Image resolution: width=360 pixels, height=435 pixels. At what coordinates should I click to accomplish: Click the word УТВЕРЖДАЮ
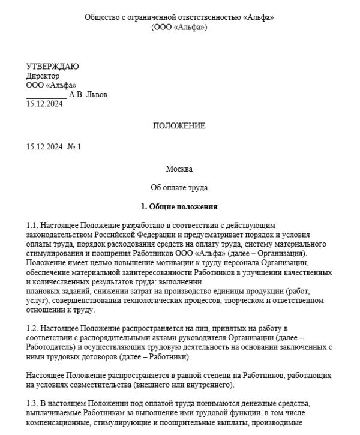click(x=53, y=67)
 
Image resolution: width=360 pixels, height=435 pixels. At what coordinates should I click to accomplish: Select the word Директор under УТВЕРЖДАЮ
click(x=43, y=76)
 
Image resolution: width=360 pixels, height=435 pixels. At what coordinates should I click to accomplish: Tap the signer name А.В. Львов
click(x=88, y=94)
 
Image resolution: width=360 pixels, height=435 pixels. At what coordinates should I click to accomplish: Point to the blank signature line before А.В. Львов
click(x=46, y=95)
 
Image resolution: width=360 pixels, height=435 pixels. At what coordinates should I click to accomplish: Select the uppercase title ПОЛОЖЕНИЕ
click(x=179, y=126)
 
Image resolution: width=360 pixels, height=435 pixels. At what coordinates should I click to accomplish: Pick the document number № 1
click(x=74, y=147)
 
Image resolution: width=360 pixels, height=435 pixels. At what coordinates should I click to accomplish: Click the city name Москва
click(x=179, y=169)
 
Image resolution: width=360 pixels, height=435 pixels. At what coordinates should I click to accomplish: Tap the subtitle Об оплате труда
click(x=179, y=188)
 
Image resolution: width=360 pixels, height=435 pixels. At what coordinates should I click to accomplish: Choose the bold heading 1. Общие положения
click(x=179, y=207)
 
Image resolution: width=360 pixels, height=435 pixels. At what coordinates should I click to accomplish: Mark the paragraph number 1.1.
click(x=32, y=225)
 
